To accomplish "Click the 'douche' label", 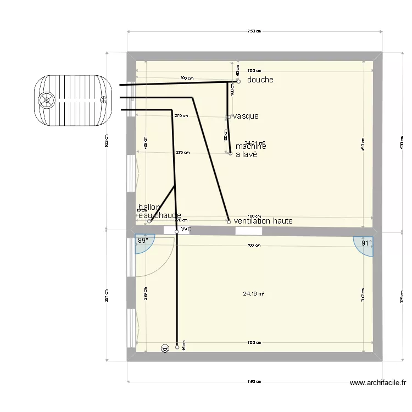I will [260, 80].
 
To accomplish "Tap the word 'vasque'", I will [246, 116].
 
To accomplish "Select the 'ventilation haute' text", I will [263, 221].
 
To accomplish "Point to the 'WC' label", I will [186, 229].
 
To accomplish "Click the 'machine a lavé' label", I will [250, 151].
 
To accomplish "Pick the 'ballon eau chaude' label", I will [159, 211].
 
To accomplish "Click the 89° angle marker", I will [143, 241].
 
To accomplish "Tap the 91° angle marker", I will [366, 242].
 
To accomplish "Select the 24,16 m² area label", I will [254, 293].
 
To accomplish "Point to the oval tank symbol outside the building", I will [73, 100].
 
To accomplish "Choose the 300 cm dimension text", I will [187, 79].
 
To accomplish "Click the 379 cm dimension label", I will [402, 297].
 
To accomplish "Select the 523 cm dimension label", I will [107, 144].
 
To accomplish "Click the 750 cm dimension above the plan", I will [254, 31].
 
